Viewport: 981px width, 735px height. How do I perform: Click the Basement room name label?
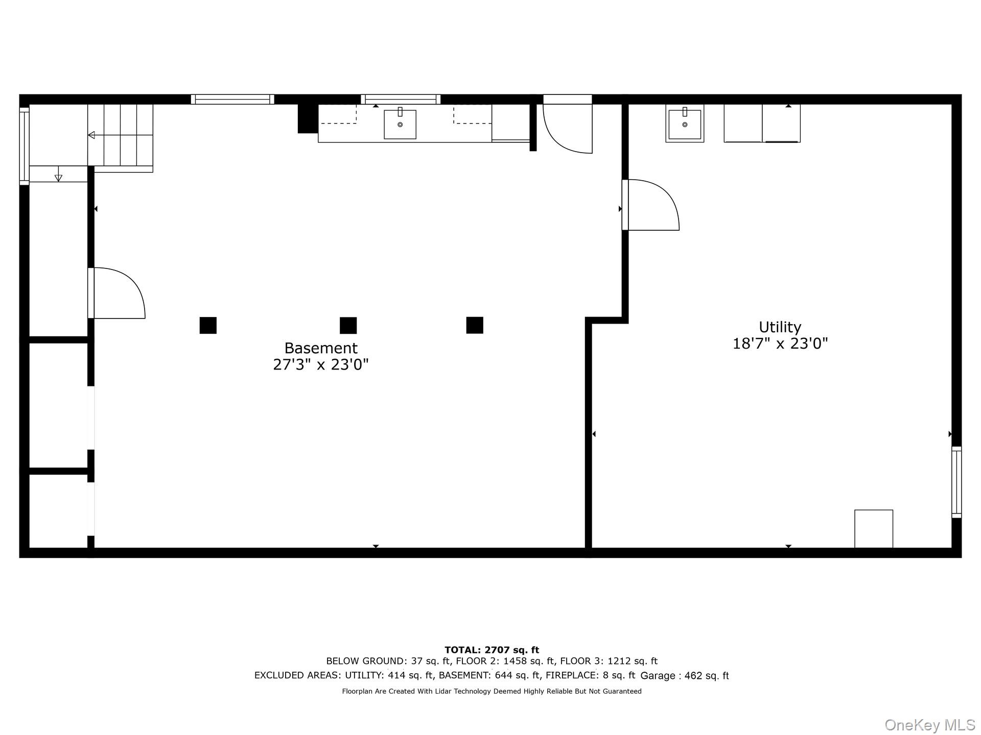(321, 348)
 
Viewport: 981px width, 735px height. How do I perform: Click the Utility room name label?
(780, 327)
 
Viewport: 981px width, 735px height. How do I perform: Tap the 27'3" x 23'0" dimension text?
(321, 364)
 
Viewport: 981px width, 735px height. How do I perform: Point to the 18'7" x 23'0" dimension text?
(780, 344)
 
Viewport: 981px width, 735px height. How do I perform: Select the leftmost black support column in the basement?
(208, 325)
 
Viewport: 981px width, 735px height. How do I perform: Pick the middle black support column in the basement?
(348, 325)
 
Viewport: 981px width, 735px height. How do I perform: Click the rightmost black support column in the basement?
(475, 325)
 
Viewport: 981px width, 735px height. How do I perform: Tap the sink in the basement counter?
(400, 124)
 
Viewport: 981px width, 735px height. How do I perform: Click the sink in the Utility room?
(685, 124)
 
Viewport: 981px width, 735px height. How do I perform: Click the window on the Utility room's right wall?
(956, 482)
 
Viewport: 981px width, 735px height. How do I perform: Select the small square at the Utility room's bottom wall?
(874, 529)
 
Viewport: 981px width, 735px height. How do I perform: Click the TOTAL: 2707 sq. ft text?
(492, 650)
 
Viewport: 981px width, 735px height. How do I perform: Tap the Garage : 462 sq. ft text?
(685, 676)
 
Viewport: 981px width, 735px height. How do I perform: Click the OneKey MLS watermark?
(930, 725)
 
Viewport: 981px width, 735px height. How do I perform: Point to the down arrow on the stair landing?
(58, 174)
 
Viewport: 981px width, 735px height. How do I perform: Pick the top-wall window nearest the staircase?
(232, 100)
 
